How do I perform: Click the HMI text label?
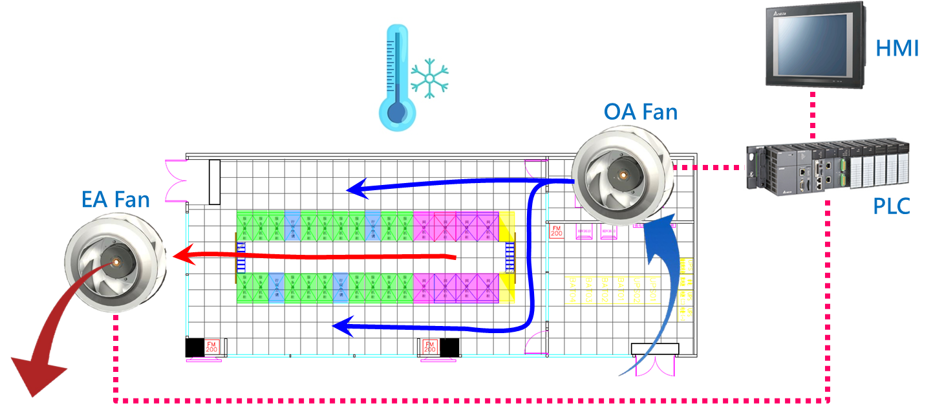pos(897,47)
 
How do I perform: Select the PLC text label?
pos(892,207)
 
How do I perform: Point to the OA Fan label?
pos(641,112)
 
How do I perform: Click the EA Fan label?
pos(116,200)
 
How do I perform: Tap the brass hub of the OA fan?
pos(623,175)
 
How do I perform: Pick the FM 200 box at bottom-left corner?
pos(211,347)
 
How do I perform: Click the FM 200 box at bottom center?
pos(430,347)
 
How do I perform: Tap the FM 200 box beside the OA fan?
pos(556,232)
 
